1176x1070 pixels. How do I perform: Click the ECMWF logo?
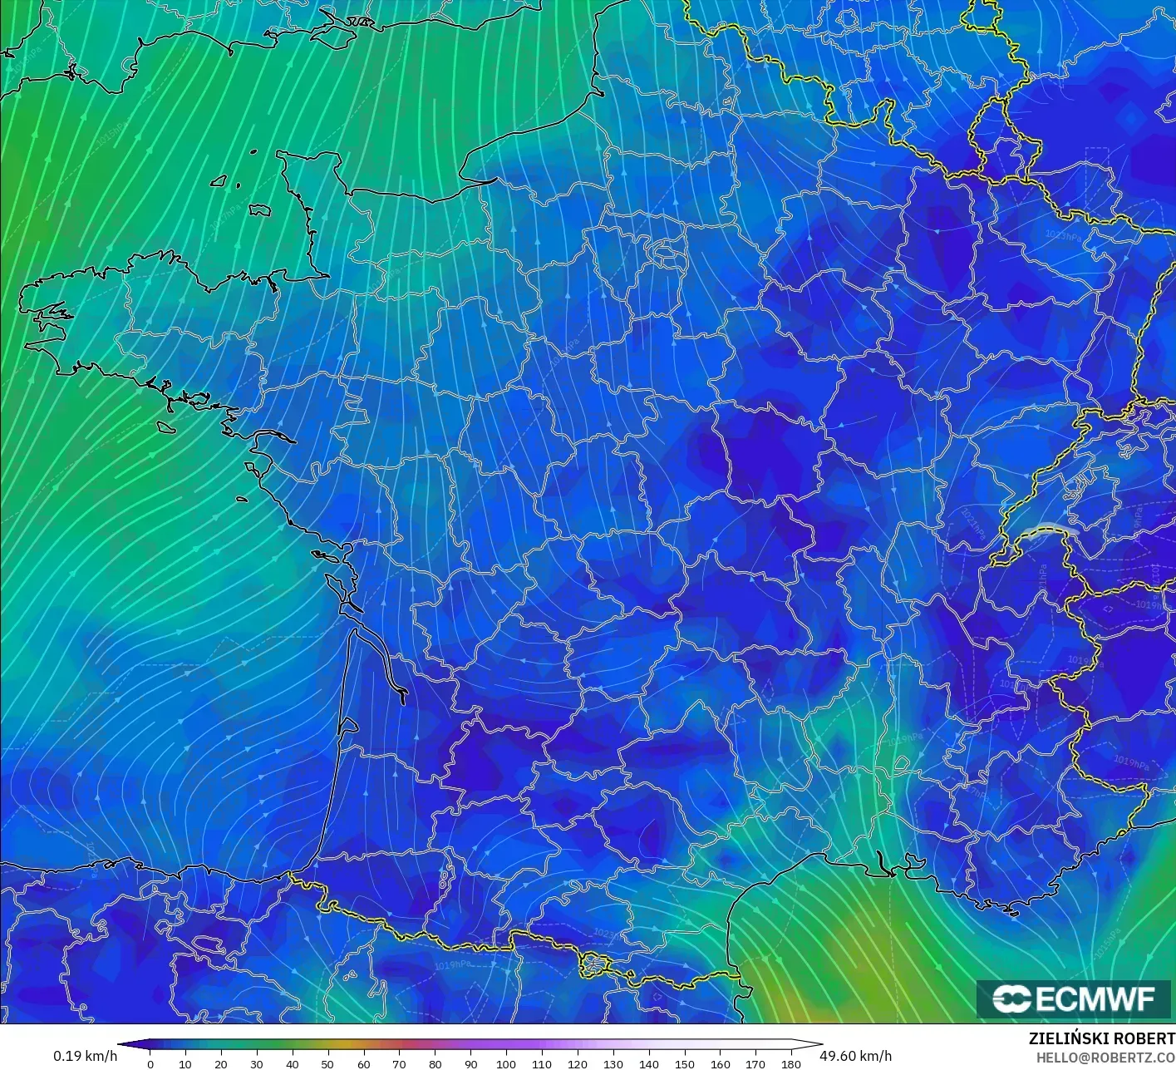pos(1074,999)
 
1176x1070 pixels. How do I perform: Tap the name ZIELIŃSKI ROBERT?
pos(1101,1038)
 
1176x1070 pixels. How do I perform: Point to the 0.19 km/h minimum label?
pos(85,1056)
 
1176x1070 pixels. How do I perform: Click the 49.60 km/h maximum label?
pos(856,1056)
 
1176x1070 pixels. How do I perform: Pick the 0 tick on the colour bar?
pos(150,1063)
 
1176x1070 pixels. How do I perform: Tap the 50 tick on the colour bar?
pos(327,1063)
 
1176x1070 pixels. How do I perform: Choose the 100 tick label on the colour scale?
pos(505,1063)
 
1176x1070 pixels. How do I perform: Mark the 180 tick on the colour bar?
pos(790,1063)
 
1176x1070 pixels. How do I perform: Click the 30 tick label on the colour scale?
pos(257,1063)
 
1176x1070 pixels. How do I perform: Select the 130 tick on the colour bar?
pos(613,1063)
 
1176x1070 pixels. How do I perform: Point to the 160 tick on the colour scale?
pos(720,1063)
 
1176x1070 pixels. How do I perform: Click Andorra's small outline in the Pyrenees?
pos(596,964)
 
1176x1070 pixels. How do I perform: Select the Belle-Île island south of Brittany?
pos(165,427)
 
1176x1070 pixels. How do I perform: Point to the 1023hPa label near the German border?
pos(1063,236)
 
